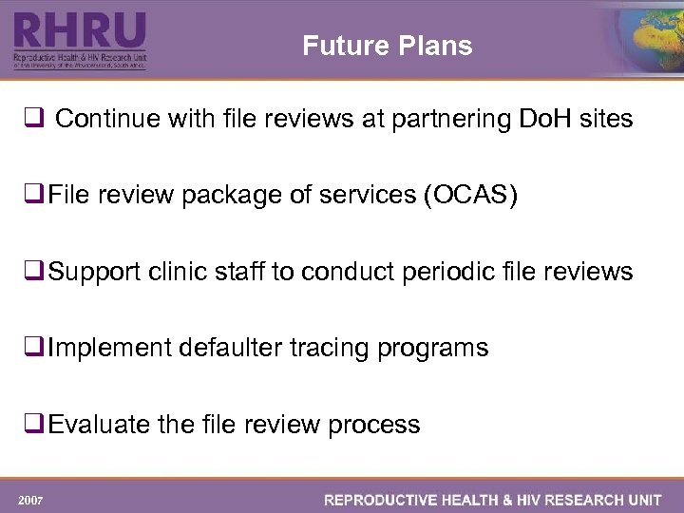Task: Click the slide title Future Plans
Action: (387, 46)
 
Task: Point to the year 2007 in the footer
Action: (29, 500)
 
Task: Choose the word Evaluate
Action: (100, 424)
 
